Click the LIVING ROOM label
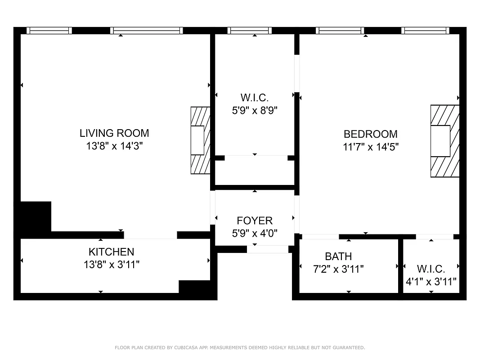point(114,133)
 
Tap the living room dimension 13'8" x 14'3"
point(114,146)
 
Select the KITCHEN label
point(111,252)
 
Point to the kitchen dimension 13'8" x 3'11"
point(111,265)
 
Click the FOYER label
point(255,220)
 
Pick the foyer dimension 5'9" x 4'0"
point(255,233)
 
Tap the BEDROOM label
point(371,134)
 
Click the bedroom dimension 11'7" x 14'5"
point(371,147)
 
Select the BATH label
point(338,256)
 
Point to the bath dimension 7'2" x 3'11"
point(338,269)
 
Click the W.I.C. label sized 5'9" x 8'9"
point(255,98)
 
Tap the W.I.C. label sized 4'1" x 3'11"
point(431,269)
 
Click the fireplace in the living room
point(201,140)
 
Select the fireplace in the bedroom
point(445,141)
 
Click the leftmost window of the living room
point(49,31)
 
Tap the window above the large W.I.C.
point(249,31)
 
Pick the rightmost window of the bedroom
point(426,31)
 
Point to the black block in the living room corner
point(35,218)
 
